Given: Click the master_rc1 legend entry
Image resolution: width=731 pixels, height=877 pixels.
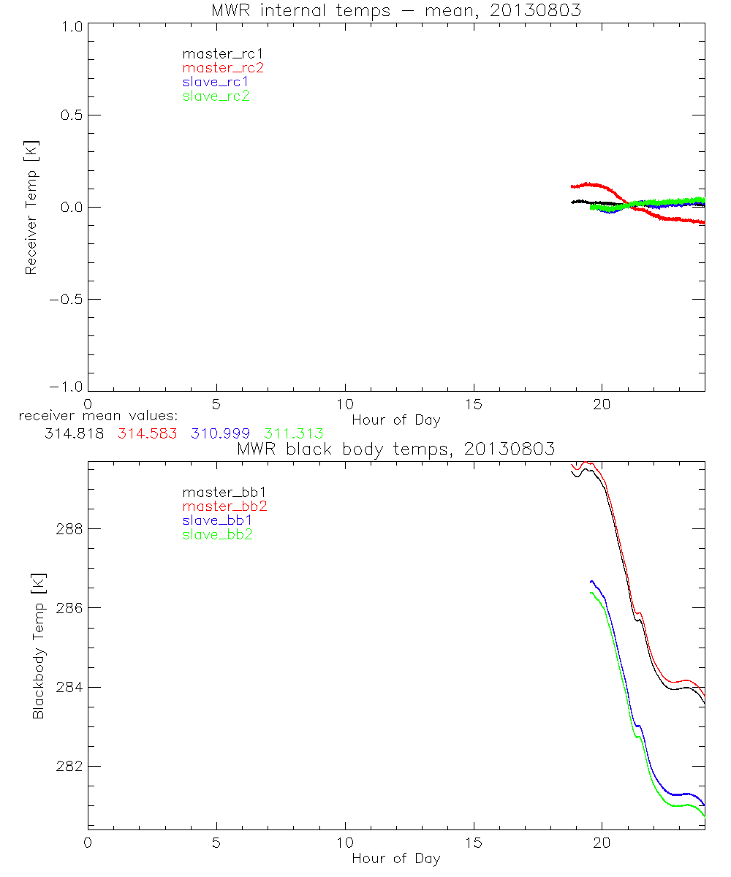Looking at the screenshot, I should click(x=216, y=54).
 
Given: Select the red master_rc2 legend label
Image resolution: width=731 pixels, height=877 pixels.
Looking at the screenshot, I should click(x=223, y=68).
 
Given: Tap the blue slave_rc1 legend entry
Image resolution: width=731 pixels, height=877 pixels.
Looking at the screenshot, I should click(x=216, y=82).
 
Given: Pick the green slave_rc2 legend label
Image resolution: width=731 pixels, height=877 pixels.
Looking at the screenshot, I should click(x=216, y=96).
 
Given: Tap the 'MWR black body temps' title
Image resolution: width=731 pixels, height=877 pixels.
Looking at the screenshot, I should click(x=395, y=448).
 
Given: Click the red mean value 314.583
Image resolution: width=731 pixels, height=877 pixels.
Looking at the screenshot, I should click(x=148, y=433).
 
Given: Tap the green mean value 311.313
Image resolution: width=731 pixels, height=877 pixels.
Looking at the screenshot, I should click(x=294, y=433).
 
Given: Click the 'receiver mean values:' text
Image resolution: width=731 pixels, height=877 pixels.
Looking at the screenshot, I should click(x=93, y=416).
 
